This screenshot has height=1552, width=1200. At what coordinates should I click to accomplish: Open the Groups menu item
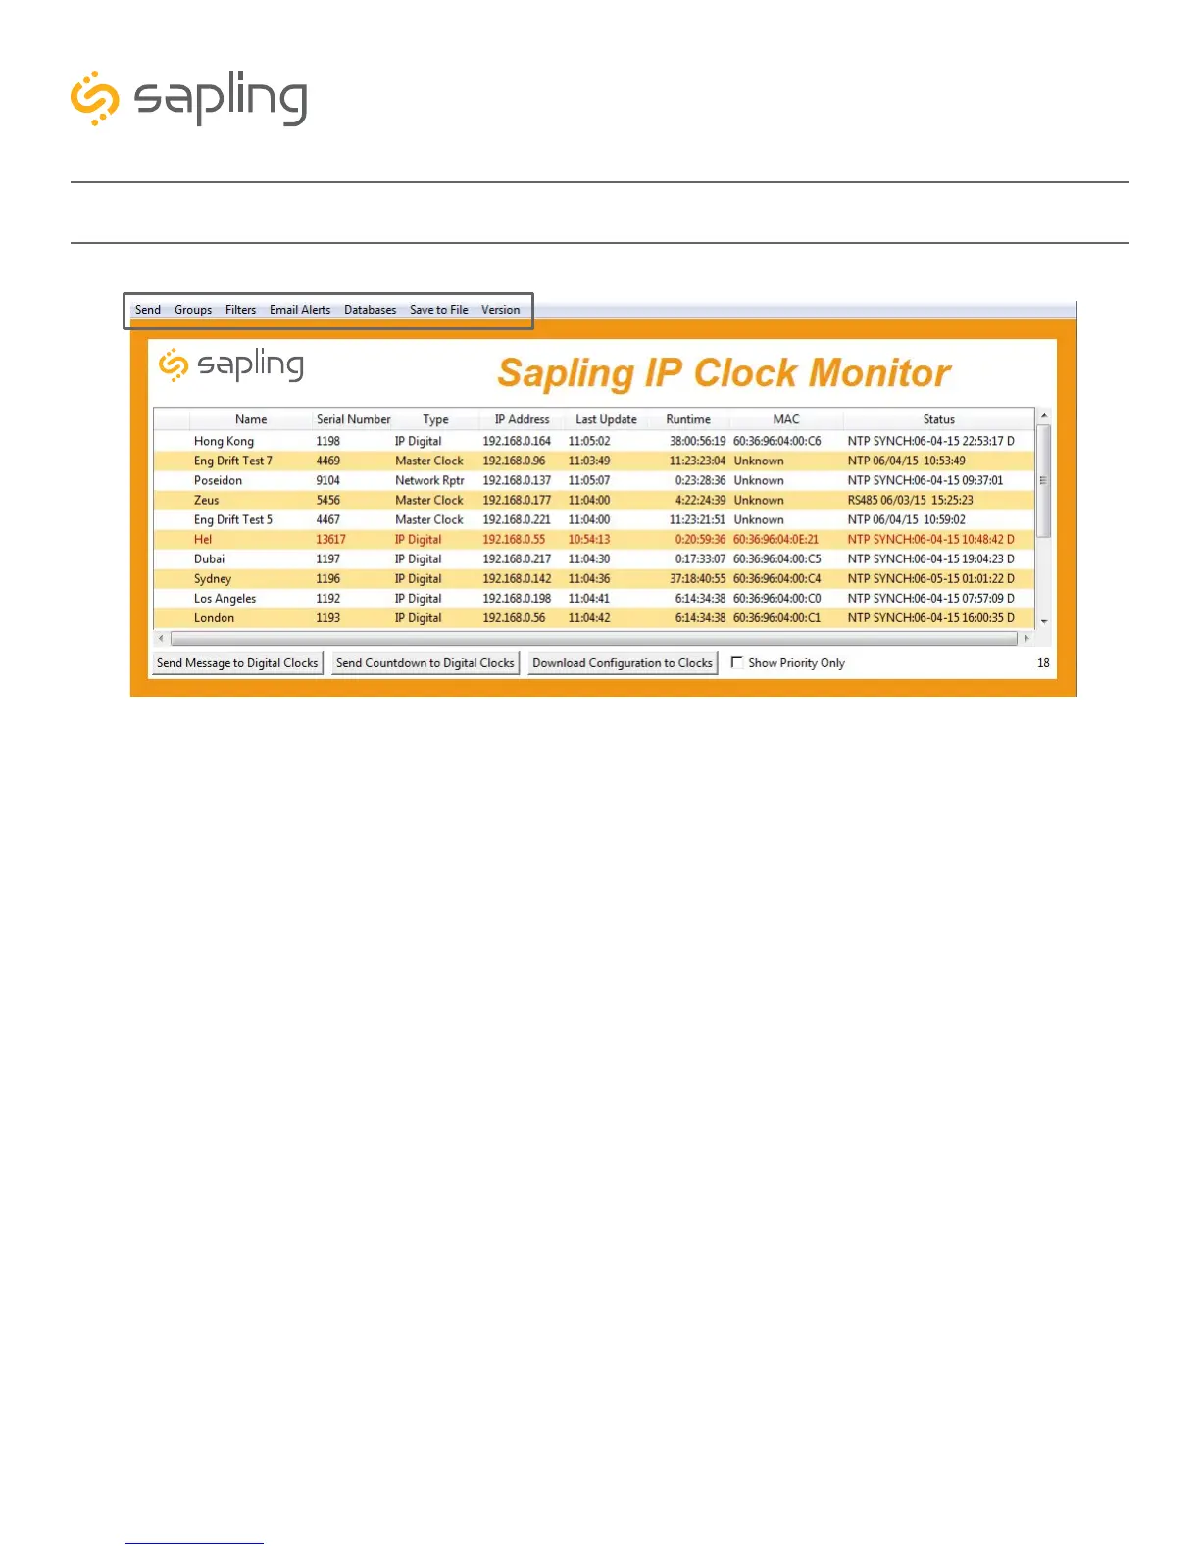(193, 310)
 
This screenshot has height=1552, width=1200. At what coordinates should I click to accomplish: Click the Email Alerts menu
(300, 310)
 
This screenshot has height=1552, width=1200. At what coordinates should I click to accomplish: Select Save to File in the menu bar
(438, 310)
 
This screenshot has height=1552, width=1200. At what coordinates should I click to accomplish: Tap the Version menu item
(500, 310)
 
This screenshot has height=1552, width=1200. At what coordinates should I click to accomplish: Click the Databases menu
(370, 310)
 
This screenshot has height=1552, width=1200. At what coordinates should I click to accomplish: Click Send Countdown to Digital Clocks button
(425, 663)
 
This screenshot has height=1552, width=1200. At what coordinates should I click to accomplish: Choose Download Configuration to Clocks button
(623, 663)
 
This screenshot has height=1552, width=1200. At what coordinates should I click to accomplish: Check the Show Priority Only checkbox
(737, 662)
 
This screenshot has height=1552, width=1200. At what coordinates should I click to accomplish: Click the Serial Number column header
(353, 419)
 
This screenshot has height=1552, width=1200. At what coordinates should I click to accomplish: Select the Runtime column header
(688, 419)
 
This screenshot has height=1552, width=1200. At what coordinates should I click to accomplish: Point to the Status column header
(938, 419)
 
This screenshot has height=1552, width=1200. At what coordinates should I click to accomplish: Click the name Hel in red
(203, 540)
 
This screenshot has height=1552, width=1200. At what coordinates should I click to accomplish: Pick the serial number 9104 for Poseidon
(327, 481)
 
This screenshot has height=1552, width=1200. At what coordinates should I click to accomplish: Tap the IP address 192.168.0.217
(517, 559)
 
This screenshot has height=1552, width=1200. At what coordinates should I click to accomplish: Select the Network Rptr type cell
(429, 481)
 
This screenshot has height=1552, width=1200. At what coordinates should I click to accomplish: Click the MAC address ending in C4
(776, 579)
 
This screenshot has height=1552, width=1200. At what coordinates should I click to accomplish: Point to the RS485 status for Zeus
(910, 501)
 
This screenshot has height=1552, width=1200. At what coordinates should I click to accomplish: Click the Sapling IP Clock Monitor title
(724, 373)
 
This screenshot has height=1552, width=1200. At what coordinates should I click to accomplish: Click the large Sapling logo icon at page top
(95, 98)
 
